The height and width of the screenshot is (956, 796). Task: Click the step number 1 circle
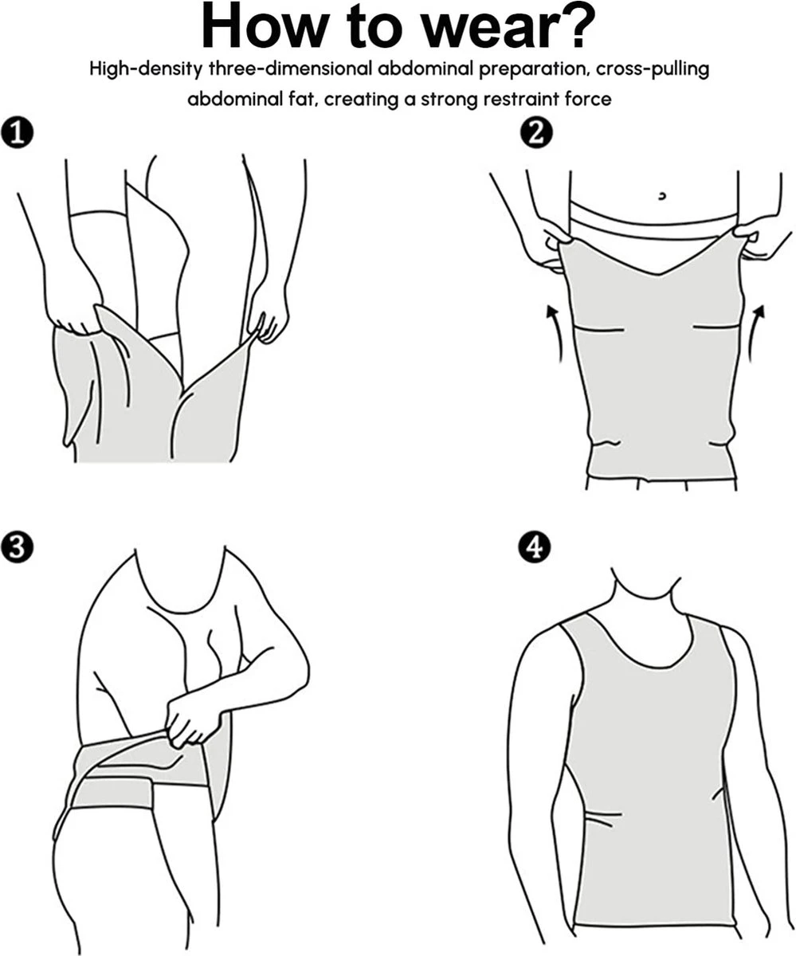[x=18, y=132]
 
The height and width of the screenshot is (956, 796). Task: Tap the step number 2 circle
[x=535, y=132]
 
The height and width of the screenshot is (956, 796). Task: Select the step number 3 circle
[x=18, y=548]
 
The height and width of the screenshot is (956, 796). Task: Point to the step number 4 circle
[x=535, y=548]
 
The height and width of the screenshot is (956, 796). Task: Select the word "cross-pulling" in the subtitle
[x=653, y=69]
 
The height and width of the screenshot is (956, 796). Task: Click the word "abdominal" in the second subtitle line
[x=231, y=100]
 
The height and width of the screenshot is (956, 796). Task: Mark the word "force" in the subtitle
[x=589, y=100]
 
